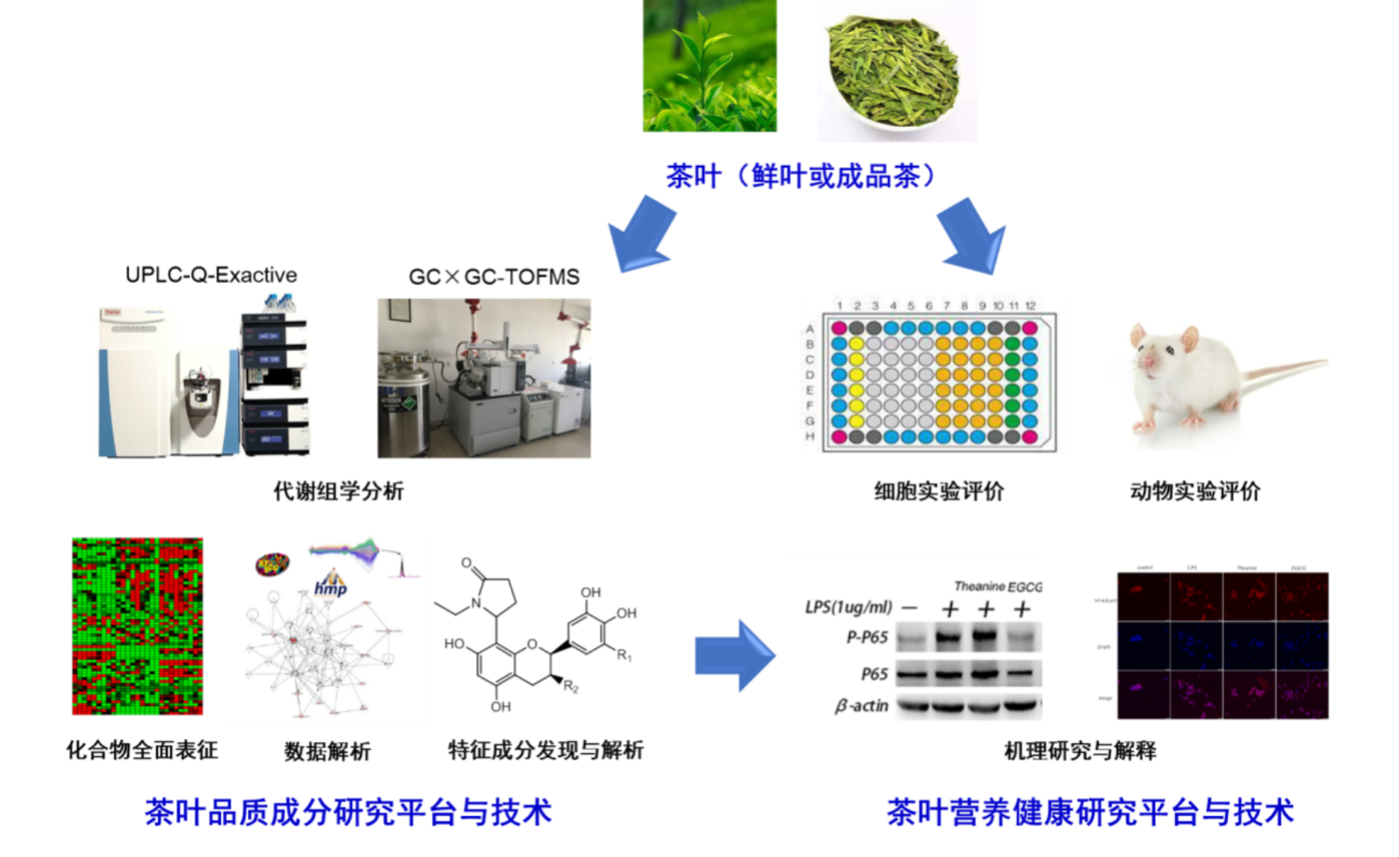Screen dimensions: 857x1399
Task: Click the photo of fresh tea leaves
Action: tap(709, 65)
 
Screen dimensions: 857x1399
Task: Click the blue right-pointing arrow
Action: tap(733, 657)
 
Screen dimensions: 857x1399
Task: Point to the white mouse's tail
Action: tap(1279, 369)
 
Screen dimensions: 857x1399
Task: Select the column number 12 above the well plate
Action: tap(1030, 306)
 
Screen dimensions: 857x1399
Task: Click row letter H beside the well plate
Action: tap(810, 436)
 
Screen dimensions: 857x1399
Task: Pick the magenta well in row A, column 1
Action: tap(838, 328)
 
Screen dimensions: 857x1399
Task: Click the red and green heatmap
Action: tap(137, 626)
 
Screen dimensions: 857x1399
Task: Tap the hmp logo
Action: tap(330, 586)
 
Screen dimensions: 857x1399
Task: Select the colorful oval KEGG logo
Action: tap(272, 565)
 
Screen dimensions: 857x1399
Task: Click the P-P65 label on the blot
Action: tap(867, 637)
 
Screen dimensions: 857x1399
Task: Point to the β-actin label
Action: tap(861, 705)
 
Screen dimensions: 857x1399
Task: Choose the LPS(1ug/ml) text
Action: tap(848, 608)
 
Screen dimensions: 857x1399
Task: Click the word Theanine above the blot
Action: tap(979, 586)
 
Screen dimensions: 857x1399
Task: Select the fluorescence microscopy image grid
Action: tap(1211, 645)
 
